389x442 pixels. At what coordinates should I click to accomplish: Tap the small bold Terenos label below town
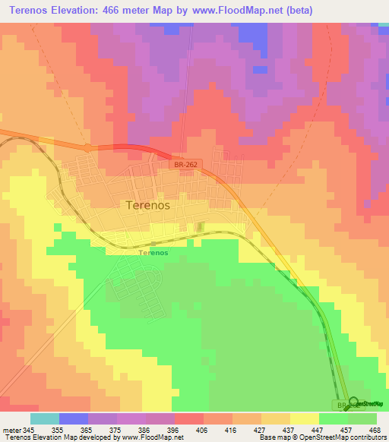coord(153,252)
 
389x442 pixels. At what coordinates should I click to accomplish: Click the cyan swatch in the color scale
coord(45,418)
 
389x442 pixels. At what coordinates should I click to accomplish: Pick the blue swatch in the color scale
coord(74,418)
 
